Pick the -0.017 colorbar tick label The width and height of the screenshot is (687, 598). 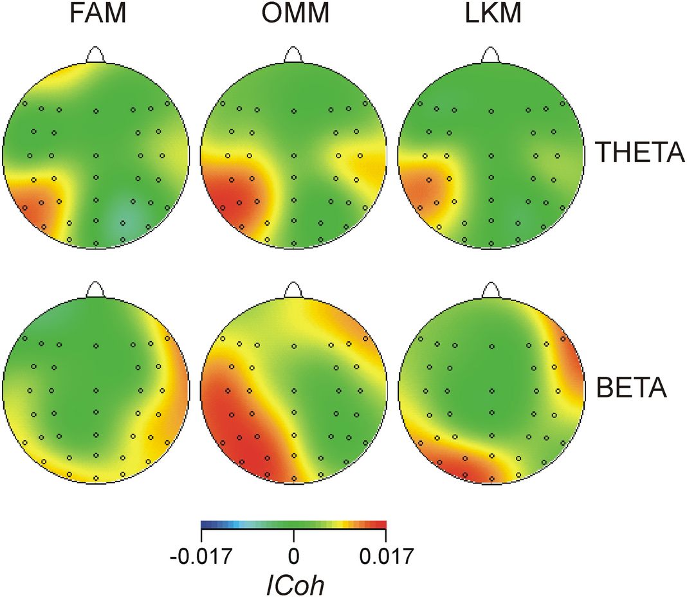[x=201, y=554]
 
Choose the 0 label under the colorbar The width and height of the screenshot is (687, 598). [x=294, y=554]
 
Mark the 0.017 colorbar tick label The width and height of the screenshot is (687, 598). [x=386, y=554]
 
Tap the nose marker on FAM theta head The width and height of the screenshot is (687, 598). [x=96, y=55]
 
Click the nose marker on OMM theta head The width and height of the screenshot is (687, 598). [x=293, y=55]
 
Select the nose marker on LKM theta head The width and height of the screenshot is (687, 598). [x=491, y=55]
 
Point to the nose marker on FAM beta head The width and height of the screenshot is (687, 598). [x=96, y=291]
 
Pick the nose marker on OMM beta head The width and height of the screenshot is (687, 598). [x=293, y=291]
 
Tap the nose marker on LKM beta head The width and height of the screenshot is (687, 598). [x=491, y=291]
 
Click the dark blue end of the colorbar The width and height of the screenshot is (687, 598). [x=204, y=524]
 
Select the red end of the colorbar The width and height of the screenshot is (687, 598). [x=383, y=524]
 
